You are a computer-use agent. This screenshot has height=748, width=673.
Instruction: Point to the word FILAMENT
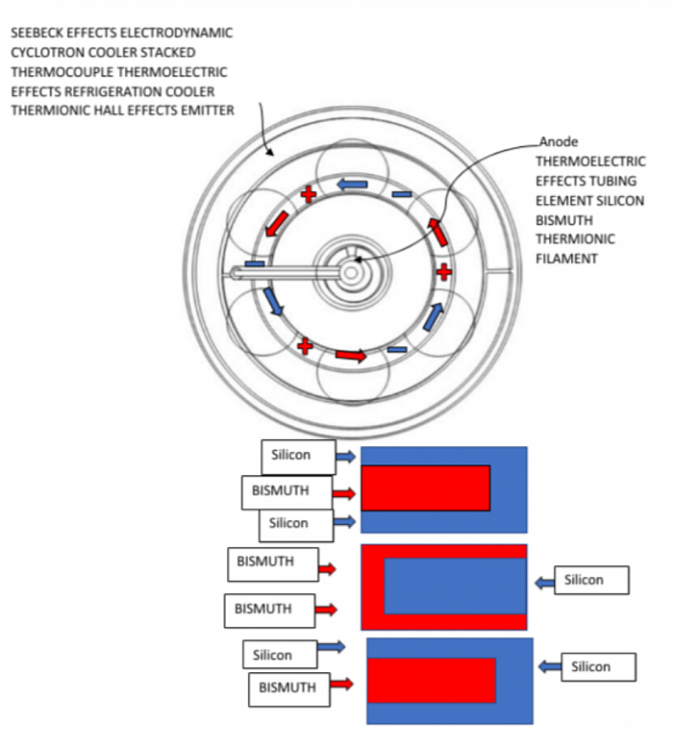click(x=567, y=259)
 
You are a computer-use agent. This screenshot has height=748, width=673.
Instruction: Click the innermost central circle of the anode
click(x=350, y=272)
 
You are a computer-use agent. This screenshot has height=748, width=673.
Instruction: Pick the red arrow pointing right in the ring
click(x=352, y=356)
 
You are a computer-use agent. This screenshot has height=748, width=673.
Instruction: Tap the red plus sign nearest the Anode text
click(x=443, y=272)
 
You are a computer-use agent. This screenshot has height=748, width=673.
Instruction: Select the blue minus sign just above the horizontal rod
click(x=254, y=262)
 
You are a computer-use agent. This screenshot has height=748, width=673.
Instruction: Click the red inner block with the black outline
click(x=425, y=487)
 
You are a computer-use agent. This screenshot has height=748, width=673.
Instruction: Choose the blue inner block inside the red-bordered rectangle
click(x=455, y=586)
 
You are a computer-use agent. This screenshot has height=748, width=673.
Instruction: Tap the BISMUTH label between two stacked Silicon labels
click(x=281, y=491)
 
